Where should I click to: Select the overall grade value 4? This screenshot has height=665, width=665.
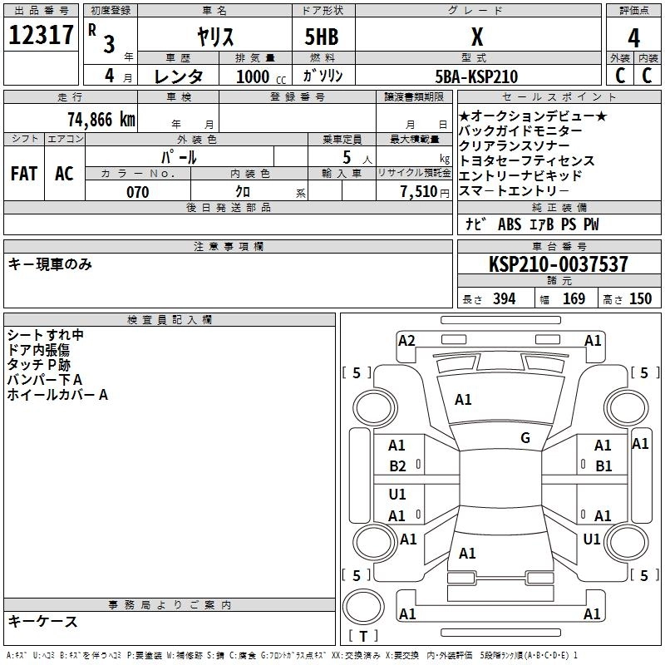point(634,39)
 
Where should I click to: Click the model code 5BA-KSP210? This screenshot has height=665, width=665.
point(476,77)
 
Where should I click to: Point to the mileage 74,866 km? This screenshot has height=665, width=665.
point(101,120)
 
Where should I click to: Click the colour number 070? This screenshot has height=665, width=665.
point(137,192)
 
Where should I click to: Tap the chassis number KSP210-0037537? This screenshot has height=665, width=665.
point(558,264)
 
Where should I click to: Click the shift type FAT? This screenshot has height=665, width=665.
point(23,174)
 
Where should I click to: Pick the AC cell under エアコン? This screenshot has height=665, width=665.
point(64,174)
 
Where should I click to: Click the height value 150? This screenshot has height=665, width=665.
point(640,299)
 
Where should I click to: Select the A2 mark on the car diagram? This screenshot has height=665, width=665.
point(406,340)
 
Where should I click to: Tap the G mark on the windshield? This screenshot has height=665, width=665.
point(525,438)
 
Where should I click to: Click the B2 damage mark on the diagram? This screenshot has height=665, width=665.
point(397,466)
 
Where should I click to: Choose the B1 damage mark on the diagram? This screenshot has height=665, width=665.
point(603,466)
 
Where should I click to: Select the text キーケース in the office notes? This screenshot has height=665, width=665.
point(43,622)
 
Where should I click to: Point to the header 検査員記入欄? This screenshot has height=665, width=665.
point(170,320)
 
